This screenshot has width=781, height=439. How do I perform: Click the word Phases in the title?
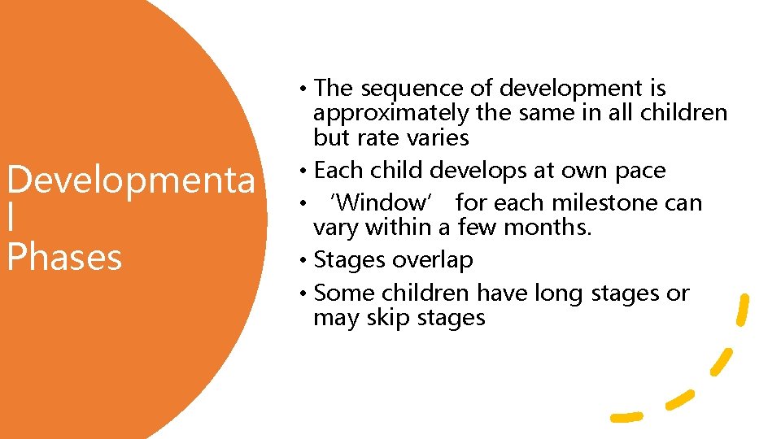click(x=63, y=257)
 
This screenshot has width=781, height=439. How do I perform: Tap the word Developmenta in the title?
click(x=130, y=181)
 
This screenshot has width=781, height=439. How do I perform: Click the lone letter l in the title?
click(x=11, y=219)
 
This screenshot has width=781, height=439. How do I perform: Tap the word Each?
click(x=335, y=171)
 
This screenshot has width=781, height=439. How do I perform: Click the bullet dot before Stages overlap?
click(x=303, y=261)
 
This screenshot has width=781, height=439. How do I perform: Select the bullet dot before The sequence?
click(x=303, y=89)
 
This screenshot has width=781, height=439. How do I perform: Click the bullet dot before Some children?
click(x=303, y=293)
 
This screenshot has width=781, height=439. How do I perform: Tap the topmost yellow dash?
click(x=741, y=310)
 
